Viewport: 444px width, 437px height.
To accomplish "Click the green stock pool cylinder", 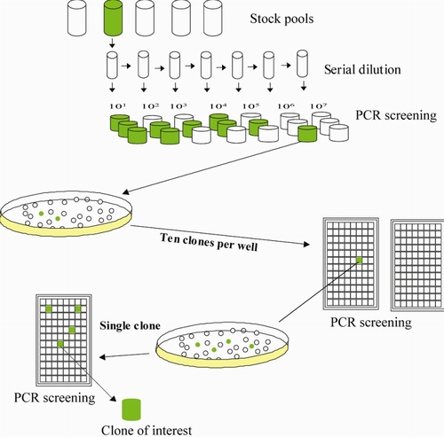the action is click(113, 18).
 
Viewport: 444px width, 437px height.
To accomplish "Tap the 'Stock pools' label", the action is click(281, 19).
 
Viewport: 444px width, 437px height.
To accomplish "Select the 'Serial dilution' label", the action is click(362, 70).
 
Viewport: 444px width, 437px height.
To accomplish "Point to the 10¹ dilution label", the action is click(118, 105).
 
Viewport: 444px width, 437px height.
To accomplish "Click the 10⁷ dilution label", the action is click(319, 105).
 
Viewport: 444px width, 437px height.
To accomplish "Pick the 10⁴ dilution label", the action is click(218, 105).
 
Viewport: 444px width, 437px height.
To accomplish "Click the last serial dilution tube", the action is click(303, 63).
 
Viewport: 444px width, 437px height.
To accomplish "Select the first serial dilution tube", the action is click(112, 66).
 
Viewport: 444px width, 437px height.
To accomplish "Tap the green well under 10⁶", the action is click(307, 134).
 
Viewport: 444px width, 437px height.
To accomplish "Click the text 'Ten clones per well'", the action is click(209, 242).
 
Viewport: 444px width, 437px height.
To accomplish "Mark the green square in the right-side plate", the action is click(359, 260).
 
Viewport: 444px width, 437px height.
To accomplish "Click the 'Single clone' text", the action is click(130, 325).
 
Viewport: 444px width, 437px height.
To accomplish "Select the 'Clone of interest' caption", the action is click(147, 430).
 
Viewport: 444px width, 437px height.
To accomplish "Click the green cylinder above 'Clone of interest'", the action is click(131, 410).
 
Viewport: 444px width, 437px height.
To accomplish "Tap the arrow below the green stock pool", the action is click(112, 43).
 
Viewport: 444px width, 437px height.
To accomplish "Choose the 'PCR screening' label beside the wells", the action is click(396, 115).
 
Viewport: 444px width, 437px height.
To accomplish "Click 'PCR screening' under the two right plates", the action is click(371, 323).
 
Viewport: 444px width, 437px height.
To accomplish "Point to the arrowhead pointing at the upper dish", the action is click(125, 192).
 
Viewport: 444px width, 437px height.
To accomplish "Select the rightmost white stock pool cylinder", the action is click(213, 18).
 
